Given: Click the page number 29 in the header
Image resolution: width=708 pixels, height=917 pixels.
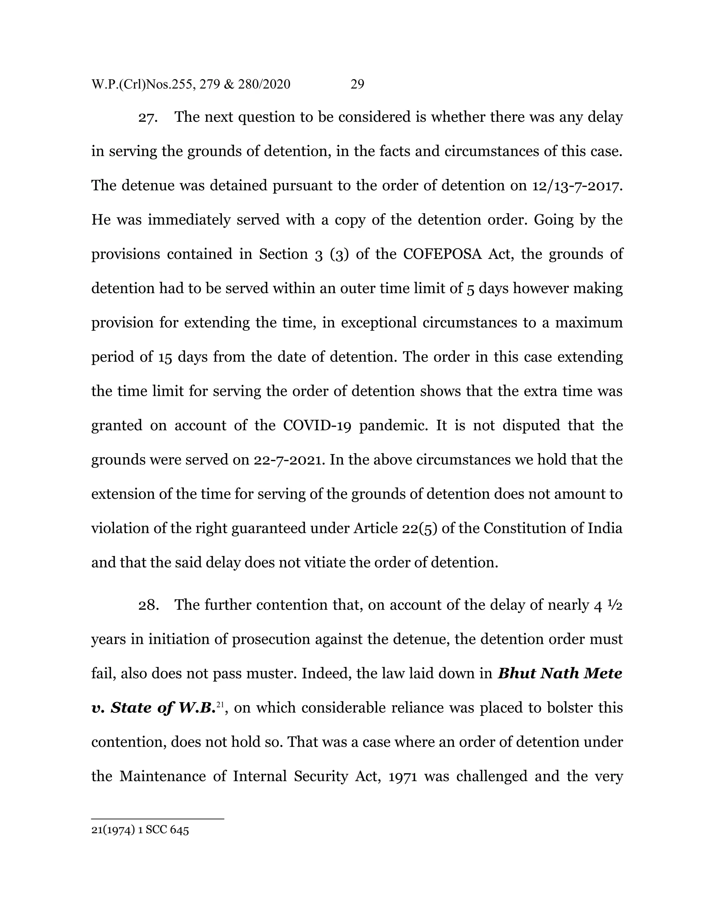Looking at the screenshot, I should (x=357, y=84).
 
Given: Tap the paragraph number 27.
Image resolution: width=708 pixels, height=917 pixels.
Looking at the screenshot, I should (x=148, y=118).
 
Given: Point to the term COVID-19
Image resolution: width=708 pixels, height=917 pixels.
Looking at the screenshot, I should (x=317, y=425).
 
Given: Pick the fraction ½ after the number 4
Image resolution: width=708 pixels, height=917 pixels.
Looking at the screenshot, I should (x=616, y=605).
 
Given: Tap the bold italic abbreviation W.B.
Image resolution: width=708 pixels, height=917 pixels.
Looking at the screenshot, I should (x=197, y=708).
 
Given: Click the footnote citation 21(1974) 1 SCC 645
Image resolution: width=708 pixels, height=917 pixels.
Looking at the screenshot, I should (x=140, y=830).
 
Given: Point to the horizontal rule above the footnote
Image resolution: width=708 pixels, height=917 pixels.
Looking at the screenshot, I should (x=157, y=819).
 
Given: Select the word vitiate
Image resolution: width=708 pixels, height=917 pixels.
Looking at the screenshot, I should (x=325, y=563).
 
